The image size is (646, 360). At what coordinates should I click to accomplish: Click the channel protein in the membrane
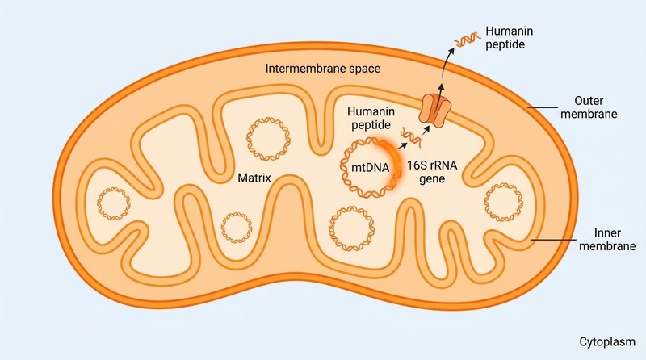pos(436,111)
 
